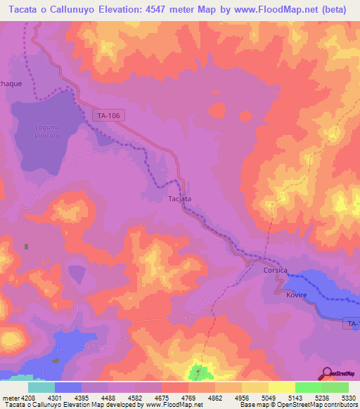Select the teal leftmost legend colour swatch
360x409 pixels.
point(41,387)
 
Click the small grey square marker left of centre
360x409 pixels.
point(27,247)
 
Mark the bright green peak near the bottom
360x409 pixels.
point(199,370)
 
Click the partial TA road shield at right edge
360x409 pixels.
point(353,323)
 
